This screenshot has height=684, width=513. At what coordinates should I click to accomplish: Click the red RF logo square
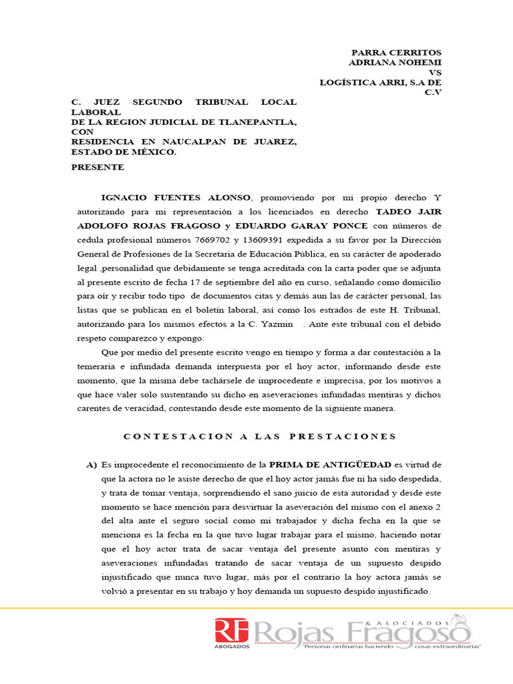pyautogui.click(x=231, y=631)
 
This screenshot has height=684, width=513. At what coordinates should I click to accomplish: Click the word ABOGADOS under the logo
pyautogui.click(x=231, y=647)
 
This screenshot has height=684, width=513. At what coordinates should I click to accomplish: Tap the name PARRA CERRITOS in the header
pyautogui.click(x=397, y=53)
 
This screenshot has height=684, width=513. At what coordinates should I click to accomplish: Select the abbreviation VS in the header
pyautogui.click(x=435, y=72)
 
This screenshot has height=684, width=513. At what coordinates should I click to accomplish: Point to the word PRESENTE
pyautogui.click(x=98, y=167)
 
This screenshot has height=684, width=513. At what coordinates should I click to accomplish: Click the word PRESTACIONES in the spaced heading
pyautogui.click(x=343, y=437)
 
